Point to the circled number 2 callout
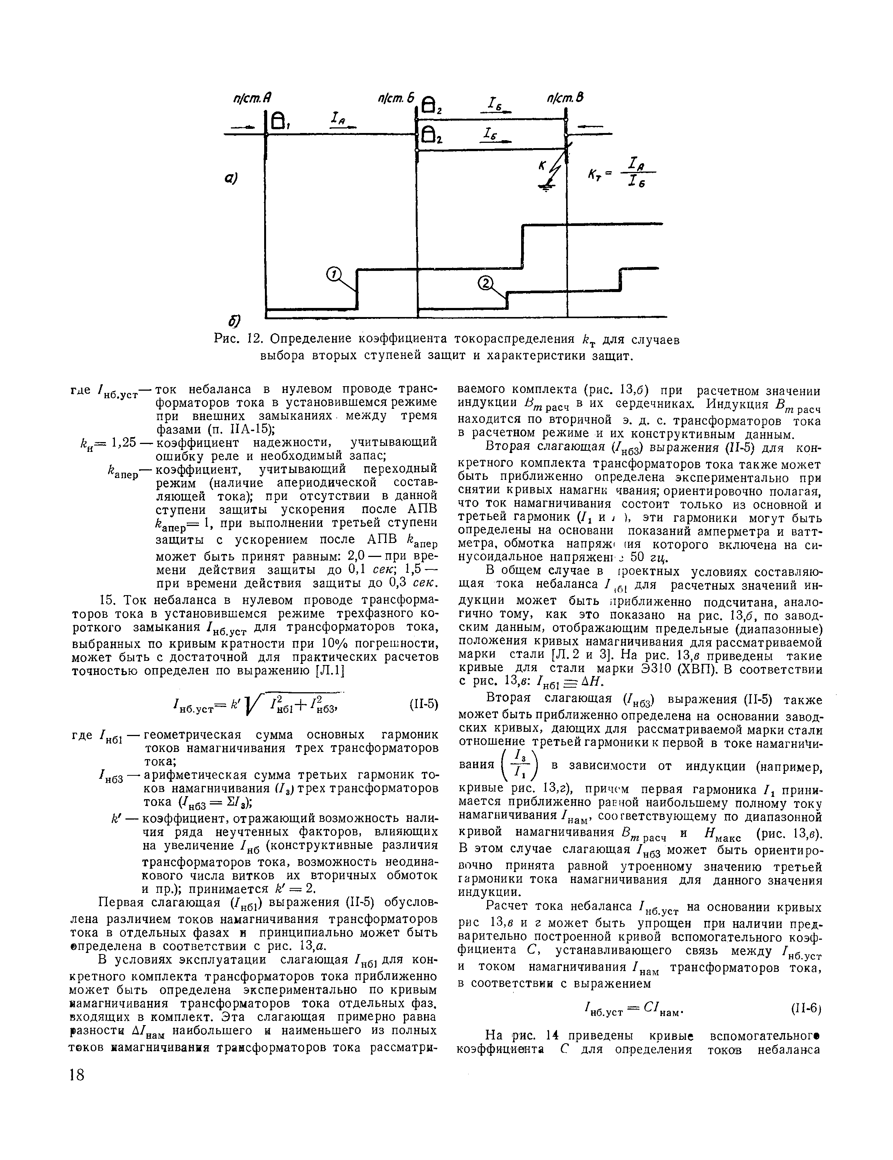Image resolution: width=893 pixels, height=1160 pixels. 486,284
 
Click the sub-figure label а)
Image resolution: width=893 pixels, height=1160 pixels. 230,178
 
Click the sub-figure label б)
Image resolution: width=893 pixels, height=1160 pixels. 234,321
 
